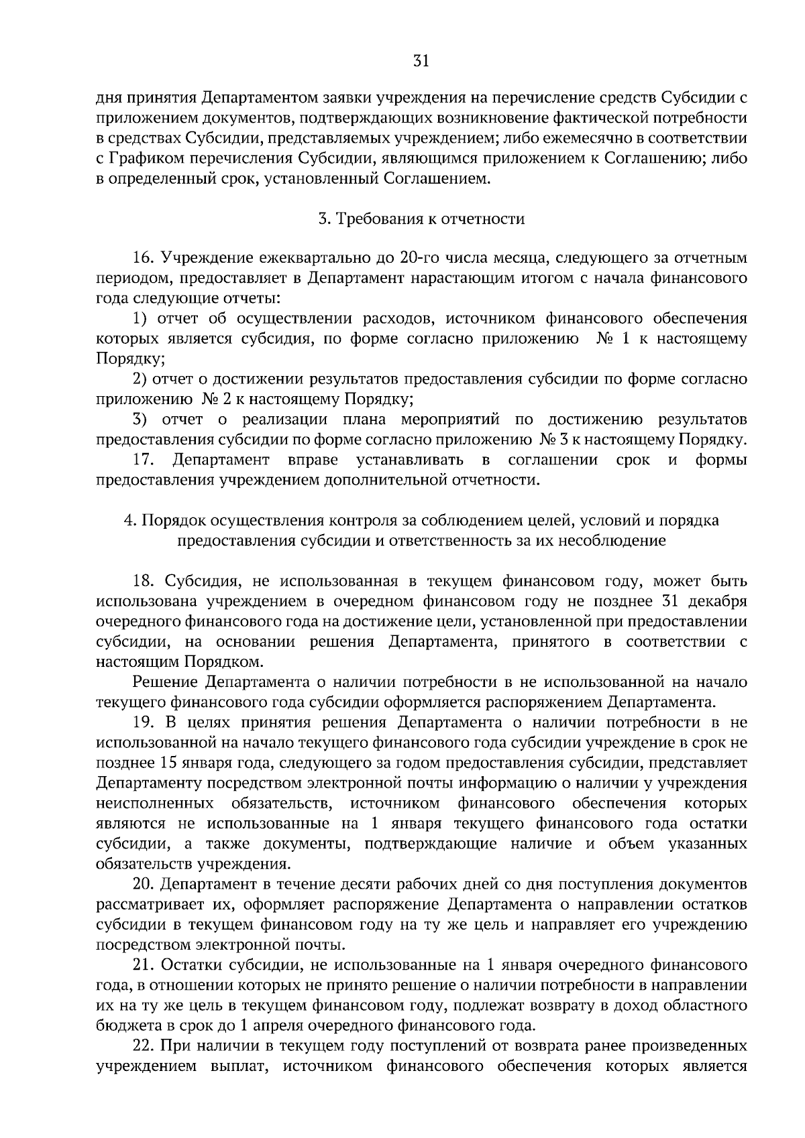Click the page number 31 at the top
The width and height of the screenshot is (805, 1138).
click(421, 62)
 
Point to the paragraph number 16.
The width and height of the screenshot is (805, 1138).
click(144, 258)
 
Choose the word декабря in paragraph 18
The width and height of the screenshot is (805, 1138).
click(719, 601)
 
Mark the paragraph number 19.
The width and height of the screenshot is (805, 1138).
click(144, 722)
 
